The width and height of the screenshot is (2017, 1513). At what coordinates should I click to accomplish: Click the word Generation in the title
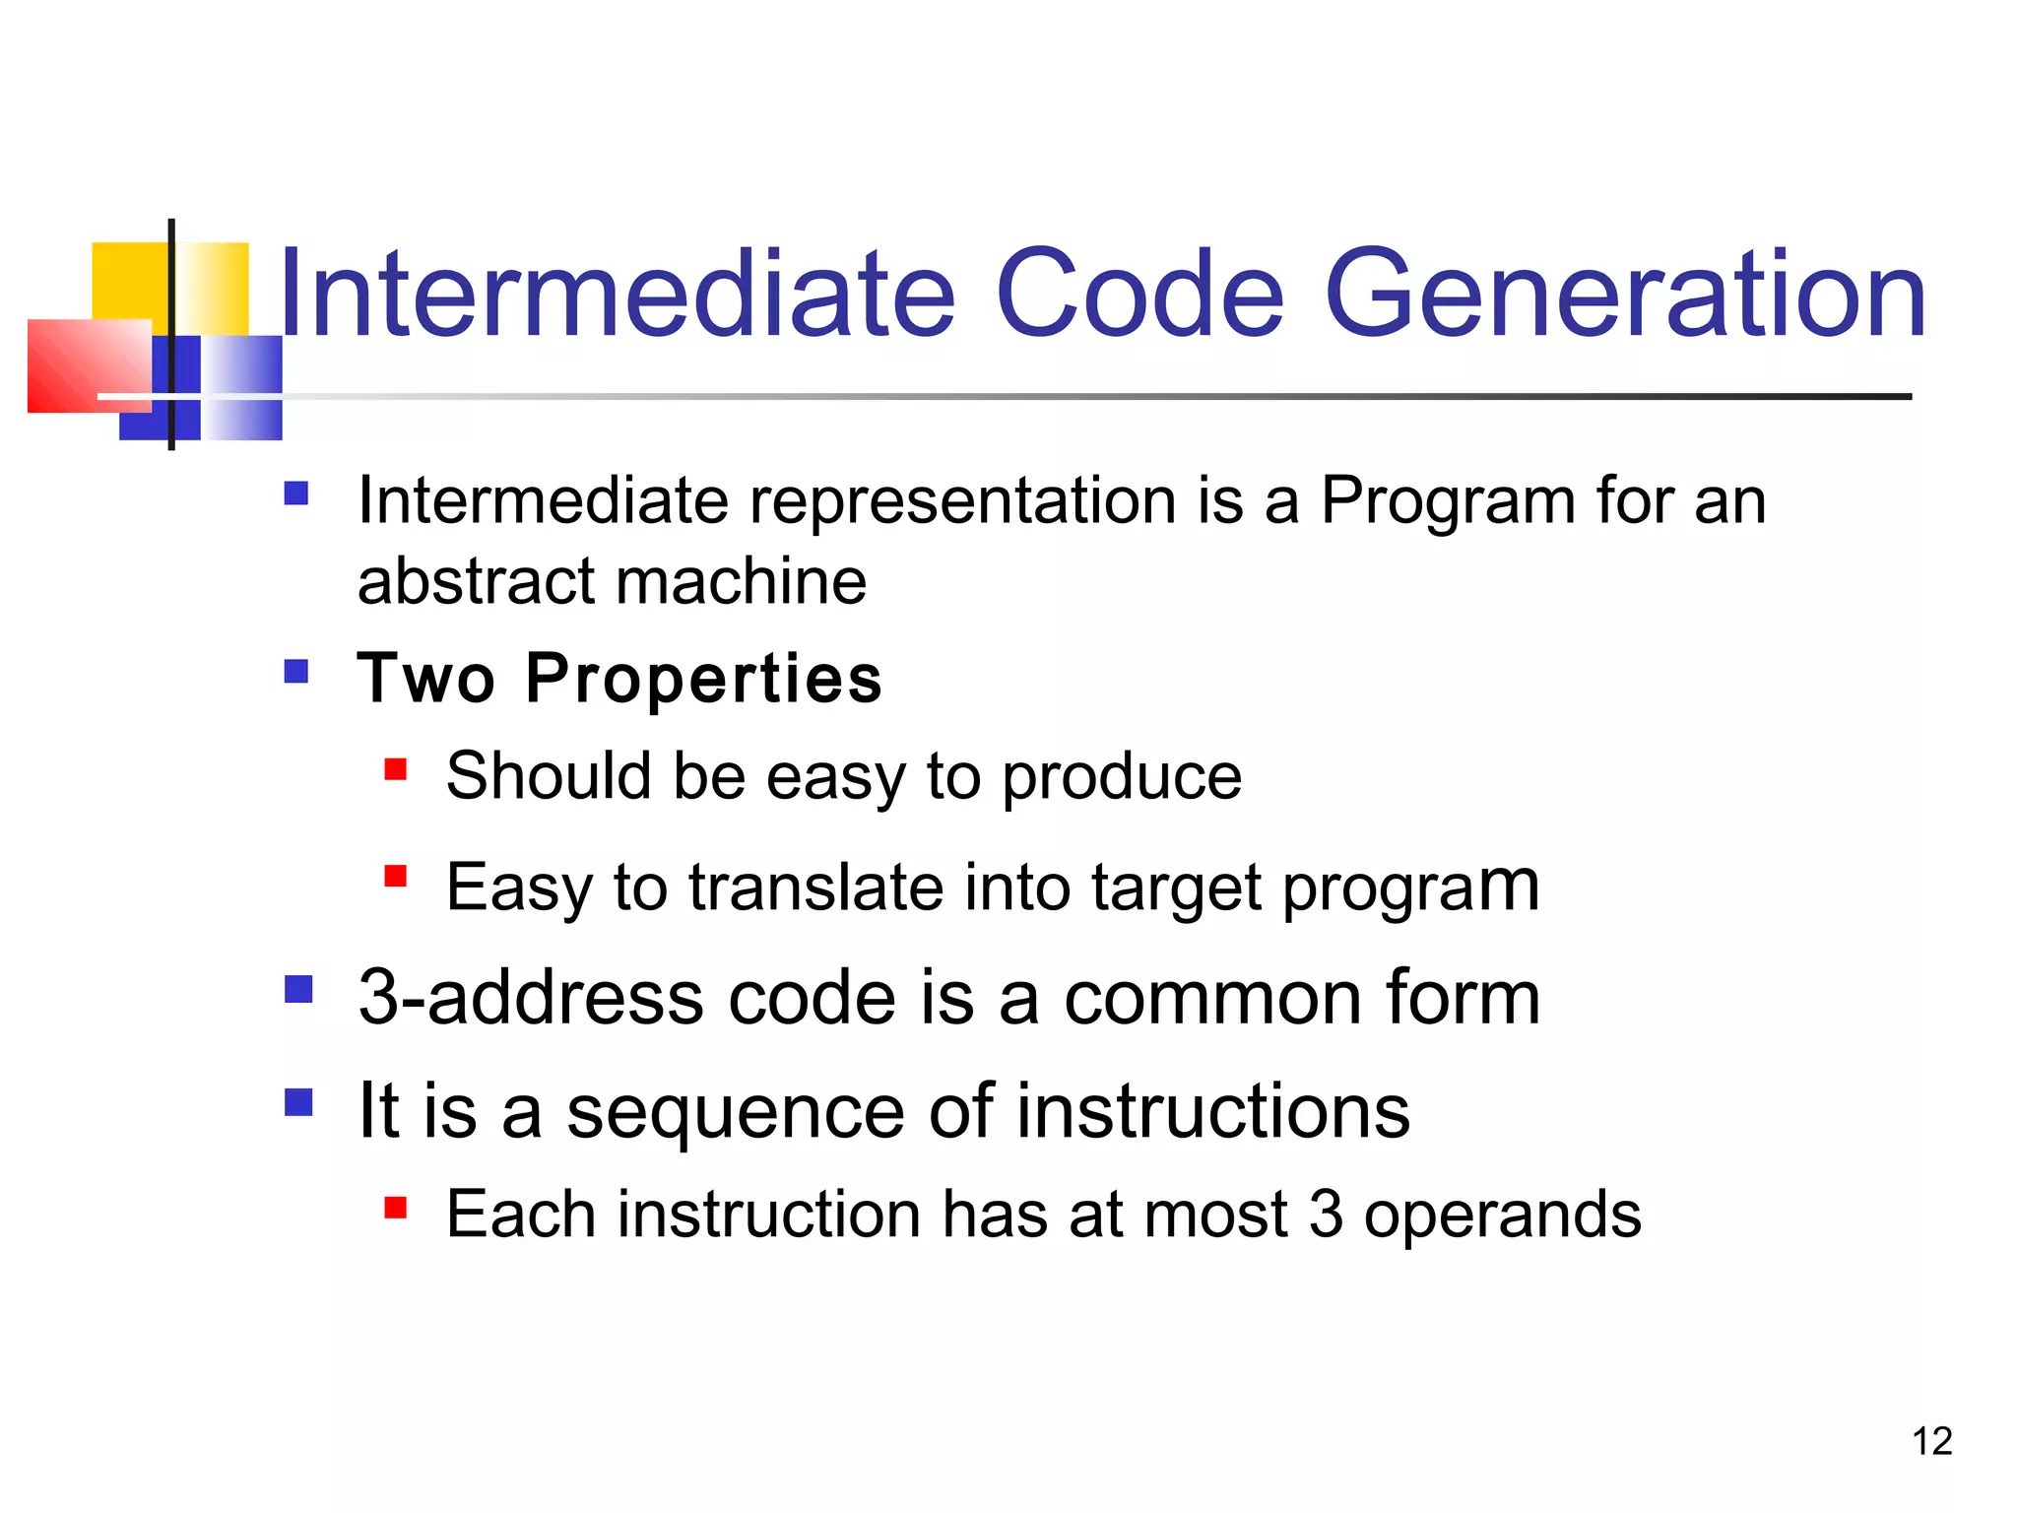point(1625,294)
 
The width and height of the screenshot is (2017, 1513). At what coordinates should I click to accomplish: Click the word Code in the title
point(1139,294)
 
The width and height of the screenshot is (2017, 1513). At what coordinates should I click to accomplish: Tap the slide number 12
point(1931,1441)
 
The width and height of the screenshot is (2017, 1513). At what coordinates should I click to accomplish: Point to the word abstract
point(477,581)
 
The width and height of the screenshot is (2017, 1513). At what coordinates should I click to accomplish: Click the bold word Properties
point(703,679)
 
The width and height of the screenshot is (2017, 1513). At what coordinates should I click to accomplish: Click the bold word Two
point(425,679)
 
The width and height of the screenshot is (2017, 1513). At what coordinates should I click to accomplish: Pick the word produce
point(1122,778)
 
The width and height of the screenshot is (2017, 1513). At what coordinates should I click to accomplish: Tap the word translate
point(815,887)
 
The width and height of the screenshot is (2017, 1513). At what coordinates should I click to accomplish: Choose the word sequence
point(735,1112)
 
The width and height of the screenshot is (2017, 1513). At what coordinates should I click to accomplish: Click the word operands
point(1502,1215)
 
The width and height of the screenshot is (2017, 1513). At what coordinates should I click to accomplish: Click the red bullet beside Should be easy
point(396,769)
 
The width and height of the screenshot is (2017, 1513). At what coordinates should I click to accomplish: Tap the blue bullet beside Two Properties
point(296,672)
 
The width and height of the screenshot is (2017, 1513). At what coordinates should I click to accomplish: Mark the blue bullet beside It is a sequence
point(298,1101)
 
